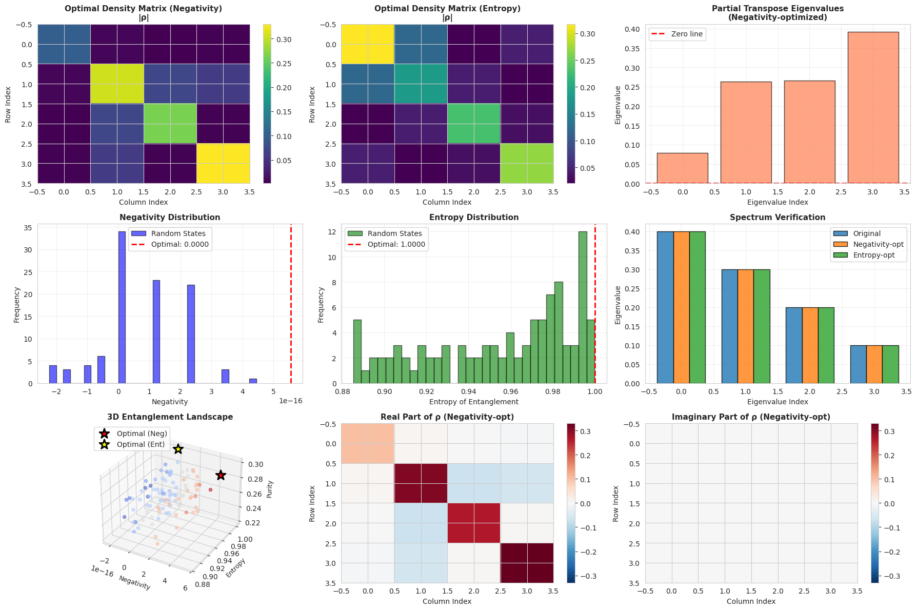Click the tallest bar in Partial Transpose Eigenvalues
click(873, 108)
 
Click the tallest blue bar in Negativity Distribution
click(122, 307)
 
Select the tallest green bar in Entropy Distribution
click(583, 307)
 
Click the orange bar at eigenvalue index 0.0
click(682, 307)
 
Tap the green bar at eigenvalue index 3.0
click(890, 364)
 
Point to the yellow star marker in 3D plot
click(178, 449)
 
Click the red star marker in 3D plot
click(221, 475)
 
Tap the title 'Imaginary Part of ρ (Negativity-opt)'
click(751, 417)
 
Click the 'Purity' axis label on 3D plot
click(270, 489)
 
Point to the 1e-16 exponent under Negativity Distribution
click(290, 401)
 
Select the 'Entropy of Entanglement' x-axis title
click(473, 402)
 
